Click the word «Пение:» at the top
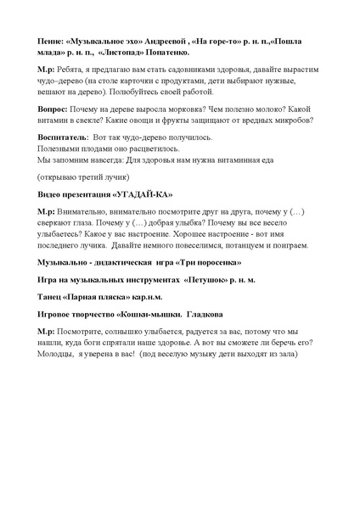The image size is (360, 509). point(53,40)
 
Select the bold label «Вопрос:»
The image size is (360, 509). point(56,109)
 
